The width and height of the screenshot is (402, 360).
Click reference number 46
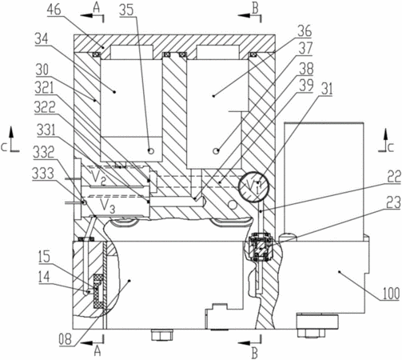tap(54, 10)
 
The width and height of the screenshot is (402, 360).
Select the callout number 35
tap(127, 10)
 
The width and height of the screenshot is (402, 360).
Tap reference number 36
tap(304, 31)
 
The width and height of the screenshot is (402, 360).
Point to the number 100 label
tap(391, 293)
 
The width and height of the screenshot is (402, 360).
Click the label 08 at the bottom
tap(66, 339)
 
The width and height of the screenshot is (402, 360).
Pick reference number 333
tap(43, 174)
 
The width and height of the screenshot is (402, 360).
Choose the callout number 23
tap(393, 202)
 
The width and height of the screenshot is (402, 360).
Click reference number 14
tap(44, 277)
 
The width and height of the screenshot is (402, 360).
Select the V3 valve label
tap(107, 206)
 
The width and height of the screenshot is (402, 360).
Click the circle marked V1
tap(254, 186)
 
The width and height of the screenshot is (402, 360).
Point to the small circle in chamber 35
tap(151, 151)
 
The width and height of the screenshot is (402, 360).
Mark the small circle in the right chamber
tap(216, 151)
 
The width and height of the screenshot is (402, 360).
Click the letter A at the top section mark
tap(97, 8)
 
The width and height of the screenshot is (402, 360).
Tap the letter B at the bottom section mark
tap(255, 354)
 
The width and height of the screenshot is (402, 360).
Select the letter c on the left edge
tap(3, 148)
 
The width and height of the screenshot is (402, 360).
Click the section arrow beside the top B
tap(246, 16)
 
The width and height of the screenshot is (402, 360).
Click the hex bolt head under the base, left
tap(162, 334)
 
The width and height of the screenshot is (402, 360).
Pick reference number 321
tap(44, 88)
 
